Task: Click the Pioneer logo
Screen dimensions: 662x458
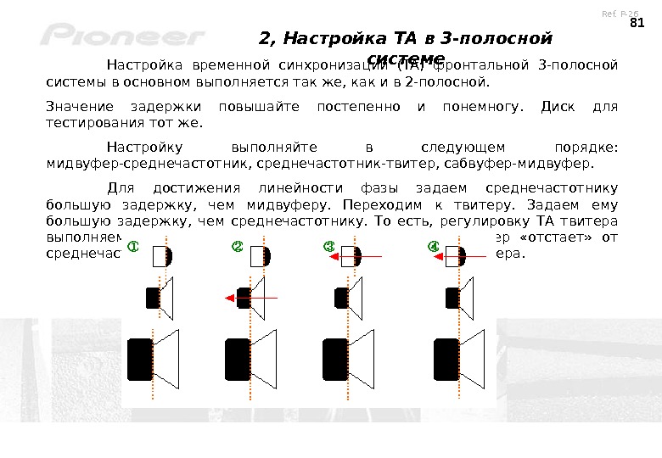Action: pyautogui.click(x=122, y=36)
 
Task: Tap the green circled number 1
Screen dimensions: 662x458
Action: pyautogui.click(x=133, y=247)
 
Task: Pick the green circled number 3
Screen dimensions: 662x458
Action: pyautogui.click(x=330, y=247)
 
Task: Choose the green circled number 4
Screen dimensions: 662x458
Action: pyautogui.click(x=434, y=247)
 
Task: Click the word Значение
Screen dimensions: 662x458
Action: pyautogui.click(x=73, y=106)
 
